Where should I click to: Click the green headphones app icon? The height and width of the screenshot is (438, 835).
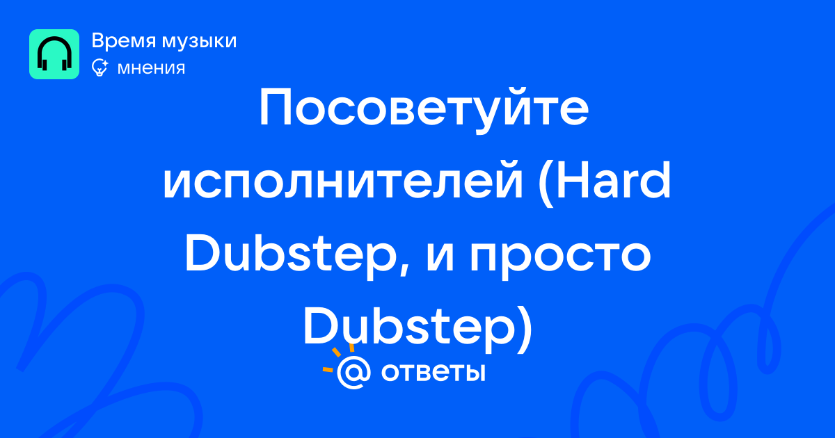[54, 54]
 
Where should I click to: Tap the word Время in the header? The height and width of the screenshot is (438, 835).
[123, 40]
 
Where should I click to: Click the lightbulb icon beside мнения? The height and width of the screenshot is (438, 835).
[100, 67]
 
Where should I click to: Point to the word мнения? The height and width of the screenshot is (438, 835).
[151, 68]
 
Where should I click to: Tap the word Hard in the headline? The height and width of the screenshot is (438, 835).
[614, 180]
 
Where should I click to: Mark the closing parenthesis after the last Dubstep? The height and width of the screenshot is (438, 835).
[525, 330]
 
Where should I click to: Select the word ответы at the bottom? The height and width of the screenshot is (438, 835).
[433, 373]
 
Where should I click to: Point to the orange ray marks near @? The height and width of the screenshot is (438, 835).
[337, 358]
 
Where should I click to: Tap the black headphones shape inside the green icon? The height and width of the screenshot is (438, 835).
[54, 54]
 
